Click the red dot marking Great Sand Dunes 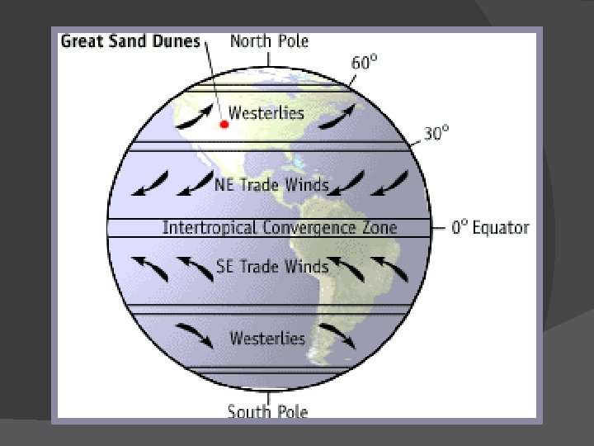point(224,124)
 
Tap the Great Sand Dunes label point(130,41)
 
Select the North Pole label point(270,41)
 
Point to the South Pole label point(267,410)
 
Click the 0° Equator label point(490,228)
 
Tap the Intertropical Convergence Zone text point(280,227)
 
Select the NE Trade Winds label point(271,184)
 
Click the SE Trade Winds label point(272,266)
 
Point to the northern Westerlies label point(266,112)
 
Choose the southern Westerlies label point(267,339)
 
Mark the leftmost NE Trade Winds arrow point(151,184)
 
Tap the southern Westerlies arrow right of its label point(337,335)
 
